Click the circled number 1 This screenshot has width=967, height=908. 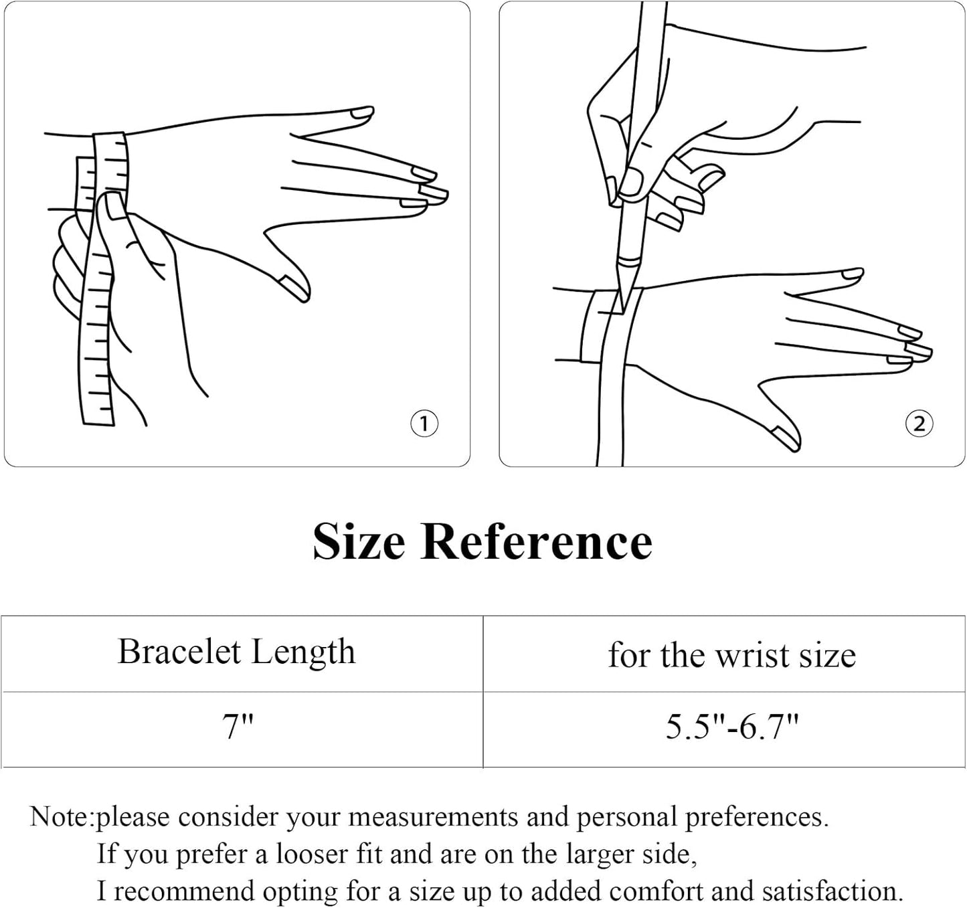pyautogui.click(x=424, y=423)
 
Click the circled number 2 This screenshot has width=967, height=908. pyautogui.click(x=919, y=423)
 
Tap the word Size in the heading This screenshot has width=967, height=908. pyautogui.click(x=359, y=541)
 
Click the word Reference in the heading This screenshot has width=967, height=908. pyautogui.click(x=536, y=541)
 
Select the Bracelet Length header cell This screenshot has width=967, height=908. pyautogui.click(x=236, y=652)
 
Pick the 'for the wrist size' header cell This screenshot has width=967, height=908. pyautogui.click(x=731, y=654)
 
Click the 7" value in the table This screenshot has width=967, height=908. pyautogui.click(x=238, y=727)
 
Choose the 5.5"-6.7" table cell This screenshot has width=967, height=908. pyautogui.click(x=732, y=727)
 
